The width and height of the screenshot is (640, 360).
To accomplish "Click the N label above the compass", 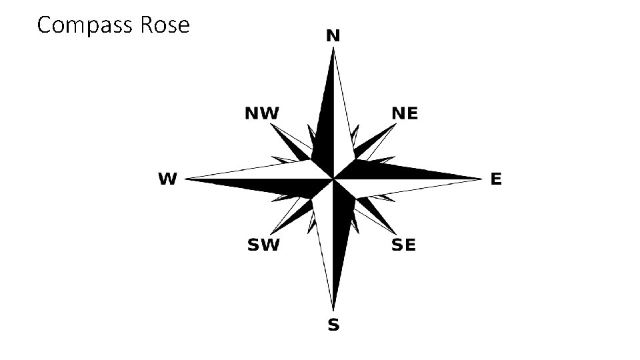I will click(x=333, y=36).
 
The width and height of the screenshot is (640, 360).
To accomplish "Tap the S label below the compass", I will click(x=333, y=325).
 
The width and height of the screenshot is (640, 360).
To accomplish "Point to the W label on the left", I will click(x=167, y=179).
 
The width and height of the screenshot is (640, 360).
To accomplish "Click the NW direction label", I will click(x=262, y=113).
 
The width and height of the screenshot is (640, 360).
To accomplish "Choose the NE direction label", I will click(x=405, y=113).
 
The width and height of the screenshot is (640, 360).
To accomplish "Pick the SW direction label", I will click(x=263, y=245).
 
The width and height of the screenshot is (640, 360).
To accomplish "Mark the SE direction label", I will click(x=403, y=245).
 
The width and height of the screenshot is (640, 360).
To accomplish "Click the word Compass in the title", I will click(x=86, y=25).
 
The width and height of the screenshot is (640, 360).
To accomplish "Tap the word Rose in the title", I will click(x=165, y=25).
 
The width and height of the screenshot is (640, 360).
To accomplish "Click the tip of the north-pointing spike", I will click(x=333, y=50).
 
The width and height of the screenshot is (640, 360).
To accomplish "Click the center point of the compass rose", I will click(x=333, y=179).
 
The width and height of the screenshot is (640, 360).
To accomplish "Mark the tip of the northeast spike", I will click(x=395, y=125).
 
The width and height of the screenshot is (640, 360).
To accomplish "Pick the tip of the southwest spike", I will click(x=271, y=233).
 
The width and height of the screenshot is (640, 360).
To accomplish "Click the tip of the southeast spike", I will click(x=395, y=233).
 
